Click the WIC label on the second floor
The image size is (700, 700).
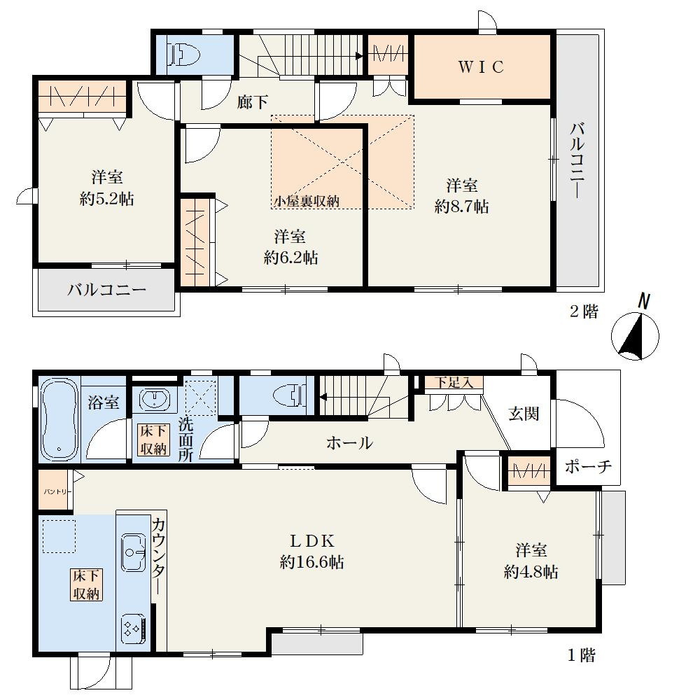tap(482, 67)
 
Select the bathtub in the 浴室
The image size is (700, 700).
tap(59, 419)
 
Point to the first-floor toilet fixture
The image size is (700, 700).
tap(290, 395)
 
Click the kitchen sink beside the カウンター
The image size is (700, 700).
tap(134, 552)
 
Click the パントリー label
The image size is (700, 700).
tap(55, 492)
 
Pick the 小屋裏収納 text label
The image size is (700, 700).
tap(307, 202)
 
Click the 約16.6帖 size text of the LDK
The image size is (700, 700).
tap(311, 562)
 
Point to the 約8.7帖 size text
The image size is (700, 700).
tap(461, 206)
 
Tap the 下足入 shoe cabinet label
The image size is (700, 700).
tap(454, 383)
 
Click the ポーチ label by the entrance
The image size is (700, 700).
tap(588, 466)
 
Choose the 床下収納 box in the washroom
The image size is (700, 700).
tap(153, 440)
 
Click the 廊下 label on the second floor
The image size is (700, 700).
tap(253, 102)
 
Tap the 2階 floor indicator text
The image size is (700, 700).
tap(584, 311)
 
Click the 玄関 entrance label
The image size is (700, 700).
tap(524, 414)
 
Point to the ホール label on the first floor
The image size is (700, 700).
tap(349, 443)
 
